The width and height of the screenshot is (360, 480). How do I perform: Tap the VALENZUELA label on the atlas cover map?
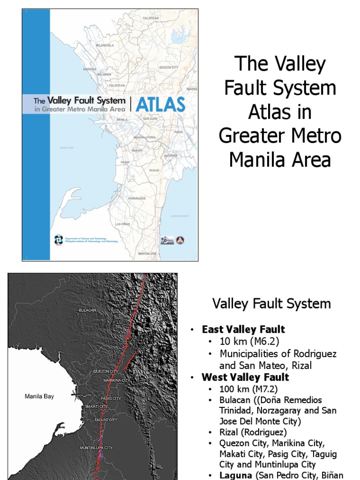[105, 45]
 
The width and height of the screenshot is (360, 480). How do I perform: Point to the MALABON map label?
[104, 75]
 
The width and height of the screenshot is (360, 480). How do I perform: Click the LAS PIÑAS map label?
[123, 224]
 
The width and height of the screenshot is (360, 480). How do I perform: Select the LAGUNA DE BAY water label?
[180, 216]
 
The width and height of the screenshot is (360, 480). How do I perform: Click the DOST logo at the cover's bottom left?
[58, 240]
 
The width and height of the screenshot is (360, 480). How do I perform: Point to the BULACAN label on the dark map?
[87, 310]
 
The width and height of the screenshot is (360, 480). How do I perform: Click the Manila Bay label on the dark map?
[39, 397]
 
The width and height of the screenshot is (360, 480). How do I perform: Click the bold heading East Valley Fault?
[243, 330]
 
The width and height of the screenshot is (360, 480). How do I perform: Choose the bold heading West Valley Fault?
[245, 377]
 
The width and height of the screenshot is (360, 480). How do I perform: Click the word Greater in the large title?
[249, 136]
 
